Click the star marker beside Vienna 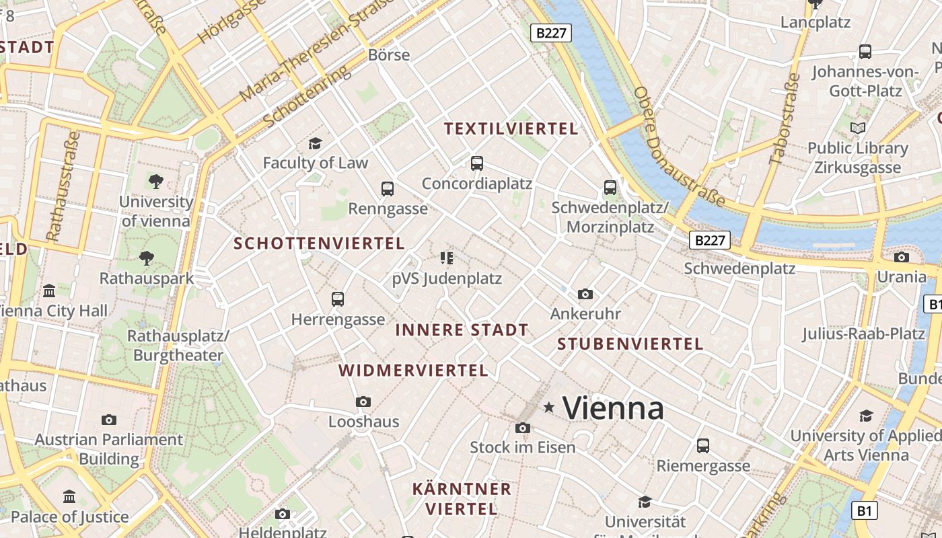549,407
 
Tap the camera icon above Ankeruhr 585,294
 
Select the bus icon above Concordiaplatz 477,163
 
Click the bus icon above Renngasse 388,188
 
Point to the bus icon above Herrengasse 338,299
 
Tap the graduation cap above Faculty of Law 315,143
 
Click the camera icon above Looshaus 363,401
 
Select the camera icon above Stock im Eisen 522,428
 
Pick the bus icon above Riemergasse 703,445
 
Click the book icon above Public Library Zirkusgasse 858,128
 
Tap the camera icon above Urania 902,257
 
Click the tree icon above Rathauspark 146,258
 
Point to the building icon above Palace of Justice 69,497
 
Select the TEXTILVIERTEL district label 511,128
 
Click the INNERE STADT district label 462,330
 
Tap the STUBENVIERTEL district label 630,344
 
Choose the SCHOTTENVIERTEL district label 319,243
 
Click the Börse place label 389,54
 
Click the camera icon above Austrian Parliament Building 109,420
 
